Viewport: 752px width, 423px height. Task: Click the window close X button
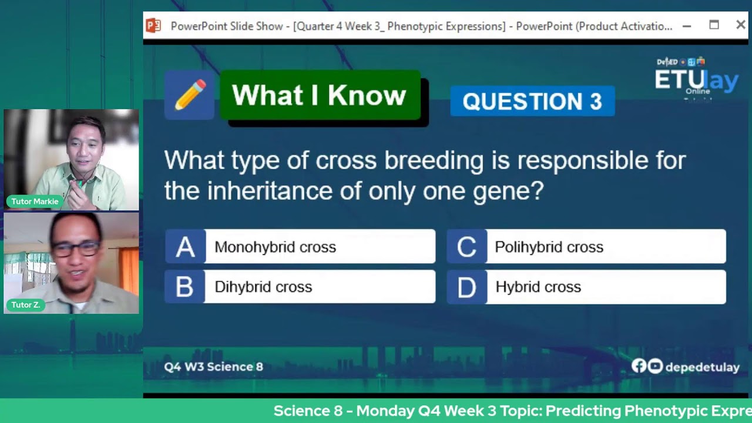tap(740, 25)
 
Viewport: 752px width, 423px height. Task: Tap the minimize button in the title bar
tap(687, 26)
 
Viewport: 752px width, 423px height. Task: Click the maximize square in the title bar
tap(714, 25)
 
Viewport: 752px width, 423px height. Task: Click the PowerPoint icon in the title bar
tap(153, 26)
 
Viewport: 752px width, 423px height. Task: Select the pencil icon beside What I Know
tap(190, 95)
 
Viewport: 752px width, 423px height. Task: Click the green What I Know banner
tap(320, 95)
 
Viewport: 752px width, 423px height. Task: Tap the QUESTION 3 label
tap(532, 102)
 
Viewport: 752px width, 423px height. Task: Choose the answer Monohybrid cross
tap(320, 247)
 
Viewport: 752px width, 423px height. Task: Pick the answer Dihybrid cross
tap(320, 287)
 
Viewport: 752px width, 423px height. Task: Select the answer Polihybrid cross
tap(605, 247)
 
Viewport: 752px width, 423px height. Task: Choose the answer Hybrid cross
tap(605, 287)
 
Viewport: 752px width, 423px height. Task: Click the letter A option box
tap(185, 247)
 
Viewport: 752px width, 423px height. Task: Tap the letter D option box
tap(466, 287)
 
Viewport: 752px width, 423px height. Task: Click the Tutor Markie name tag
tap(35, 202)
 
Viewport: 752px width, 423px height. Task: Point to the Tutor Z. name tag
tap(25, 305)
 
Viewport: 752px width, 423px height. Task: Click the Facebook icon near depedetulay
tap(639, 367)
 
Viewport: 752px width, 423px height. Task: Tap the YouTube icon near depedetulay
tap(655, 367)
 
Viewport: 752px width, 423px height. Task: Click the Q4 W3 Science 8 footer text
tap(214, 367)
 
